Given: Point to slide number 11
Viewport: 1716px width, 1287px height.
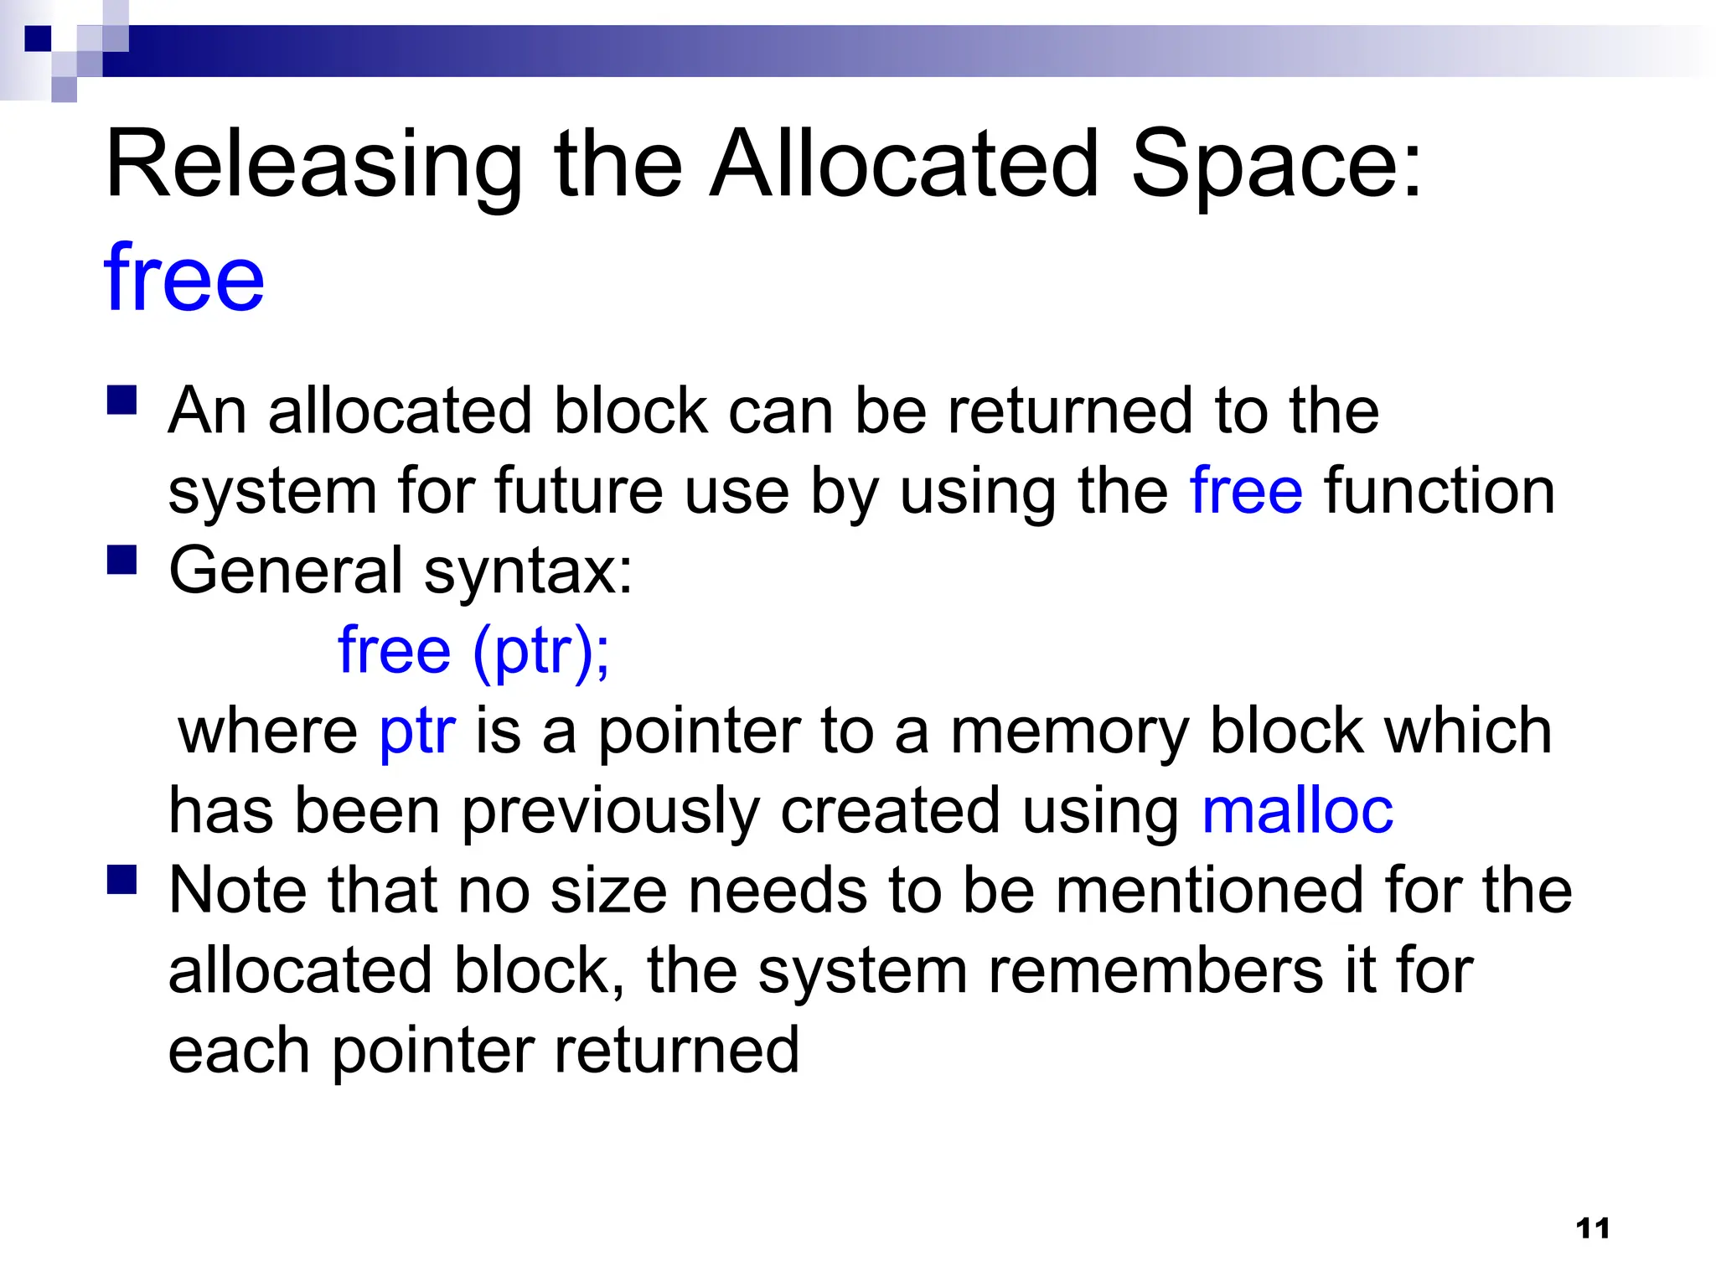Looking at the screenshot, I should click(1593, 1228).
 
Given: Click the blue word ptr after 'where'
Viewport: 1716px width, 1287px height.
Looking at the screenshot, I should click(417, 731).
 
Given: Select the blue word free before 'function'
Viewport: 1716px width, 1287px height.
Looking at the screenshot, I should click(1246, 491).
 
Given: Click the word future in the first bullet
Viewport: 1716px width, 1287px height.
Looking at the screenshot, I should click(578, 491).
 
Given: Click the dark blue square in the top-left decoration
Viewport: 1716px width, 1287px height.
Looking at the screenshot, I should click(39, 39).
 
